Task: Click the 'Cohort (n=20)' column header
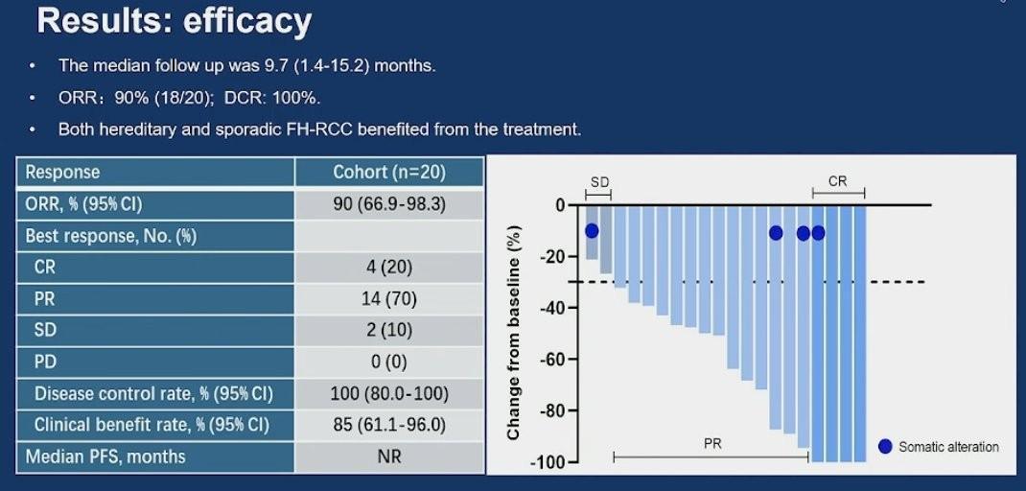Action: coord(388,173)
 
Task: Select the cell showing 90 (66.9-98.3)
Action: coord(388,204)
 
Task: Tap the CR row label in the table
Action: coord(45,268)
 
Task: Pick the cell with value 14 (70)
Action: coord(388,299)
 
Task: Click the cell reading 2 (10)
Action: coord(388,331)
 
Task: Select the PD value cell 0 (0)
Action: coord(388,362)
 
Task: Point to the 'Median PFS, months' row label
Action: coord(105,456)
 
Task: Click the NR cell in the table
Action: coord(388,456)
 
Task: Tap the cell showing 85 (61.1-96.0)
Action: coord(388,425)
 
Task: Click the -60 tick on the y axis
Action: coord(552,360)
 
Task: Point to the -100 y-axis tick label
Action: coord(548,462)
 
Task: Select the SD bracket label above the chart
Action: coord(599,182)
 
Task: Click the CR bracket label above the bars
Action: coord(837,181)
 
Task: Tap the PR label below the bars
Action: coord(712,444)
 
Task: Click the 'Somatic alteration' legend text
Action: coord(948,447)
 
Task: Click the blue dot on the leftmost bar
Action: coord(592,231)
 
